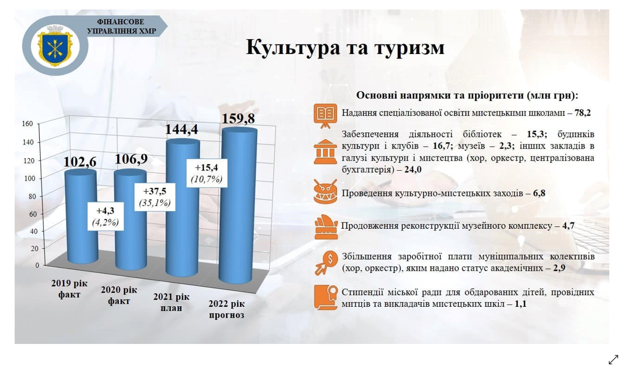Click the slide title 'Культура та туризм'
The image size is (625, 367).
[345, 48]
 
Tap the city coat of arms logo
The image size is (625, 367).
[55, 47]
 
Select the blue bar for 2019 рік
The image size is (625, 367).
[81, 216]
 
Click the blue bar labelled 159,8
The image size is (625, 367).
[238, 205]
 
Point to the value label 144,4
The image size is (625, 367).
[181, 129]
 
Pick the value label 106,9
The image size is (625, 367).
[131, 159]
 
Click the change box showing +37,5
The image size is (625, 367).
[154, 196]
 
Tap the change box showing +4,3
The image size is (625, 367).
[105, 216]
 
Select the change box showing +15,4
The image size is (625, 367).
[207, 173]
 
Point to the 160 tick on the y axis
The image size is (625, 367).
[27, 124]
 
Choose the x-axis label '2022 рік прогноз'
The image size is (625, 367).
[227, 309]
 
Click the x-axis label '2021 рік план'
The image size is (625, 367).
[171, 303]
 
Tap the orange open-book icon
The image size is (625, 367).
[325, 116]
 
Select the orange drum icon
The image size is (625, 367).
[325, 191]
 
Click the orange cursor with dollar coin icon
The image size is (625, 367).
[326, 263]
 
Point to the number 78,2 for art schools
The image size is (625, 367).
[583, 113]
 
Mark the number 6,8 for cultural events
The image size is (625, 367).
[539, 193]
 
